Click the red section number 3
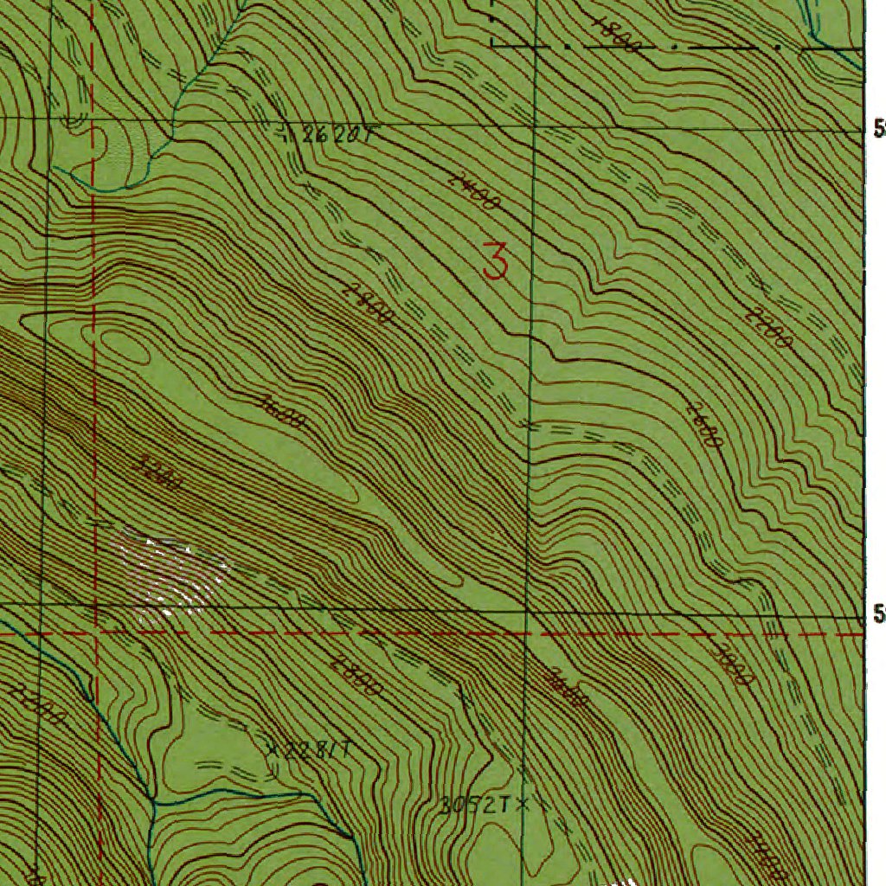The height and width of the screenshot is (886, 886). pyautogui.click(x=495, y=260)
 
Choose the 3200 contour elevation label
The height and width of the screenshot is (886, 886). pyautogui.click(x=159, y=472)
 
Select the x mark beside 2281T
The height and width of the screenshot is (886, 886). pyautogui.click(x=273, y=749)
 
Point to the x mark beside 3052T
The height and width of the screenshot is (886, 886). pyautogui.click(x=522, y=805)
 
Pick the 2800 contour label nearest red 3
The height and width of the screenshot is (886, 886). pyautogui.click(x=367, y=305)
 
